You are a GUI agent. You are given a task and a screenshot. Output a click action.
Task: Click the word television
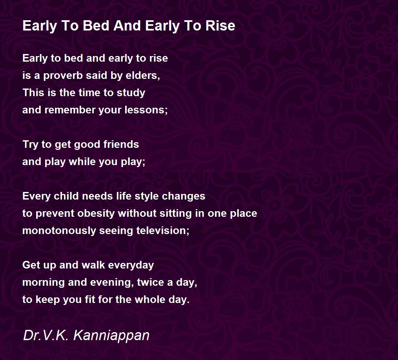(163, 231)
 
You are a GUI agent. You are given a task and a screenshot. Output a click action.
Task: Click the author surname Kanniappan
(111, 335)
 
